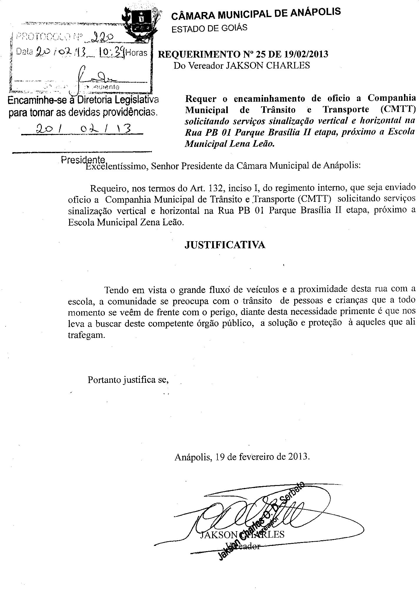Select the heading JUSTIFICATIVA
click(225, 245)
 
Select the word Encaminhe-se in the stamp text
click(32, 100)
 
